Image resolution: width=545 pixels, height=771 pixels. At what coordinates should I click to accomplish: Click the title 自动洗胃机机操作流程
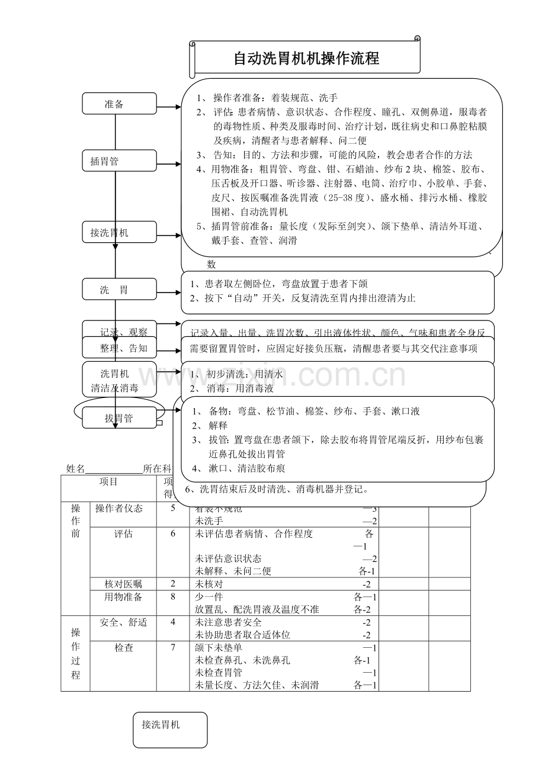pos(306,59)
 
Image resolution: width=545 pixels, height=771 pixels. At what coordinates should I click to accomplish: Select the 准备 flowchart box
pos(120,104)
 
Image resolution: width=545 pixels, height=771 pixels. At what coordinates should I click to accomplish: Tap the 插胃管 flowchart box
pos(120,160)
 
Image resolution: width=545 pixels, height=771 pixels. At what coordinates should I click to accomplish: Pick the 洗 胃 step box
pos(120,290)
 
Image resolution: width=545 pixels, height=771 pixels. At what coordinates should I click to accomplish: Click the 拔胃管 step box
pos(120,418)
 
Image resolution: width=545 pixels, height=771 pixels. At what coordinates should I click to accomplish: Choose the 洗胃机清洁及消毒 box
pos(120,381)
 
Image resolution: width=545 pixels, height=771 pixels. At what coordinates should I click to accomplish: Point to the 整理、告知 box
pos(120,348)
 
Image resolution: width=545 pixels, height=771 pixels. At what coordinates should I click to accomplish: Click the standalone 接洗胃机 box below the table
pos(170,730)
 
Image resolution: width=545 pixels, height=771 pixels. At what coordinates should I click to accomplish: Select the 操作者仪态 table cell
pos(123,509)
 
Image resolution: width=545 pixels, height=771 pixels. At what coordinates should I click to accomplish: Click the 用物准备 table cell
pos(123,597)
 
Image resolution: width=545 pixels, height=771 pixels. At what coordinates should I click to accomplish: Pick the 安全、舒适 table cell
pos(123,622)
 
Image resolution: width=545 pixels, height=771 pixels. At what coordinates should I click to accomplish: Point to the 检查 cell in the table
pos(123,648)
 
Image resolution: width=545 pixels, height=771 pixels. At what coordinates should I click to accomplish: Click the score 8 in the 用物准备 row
pos(173,597)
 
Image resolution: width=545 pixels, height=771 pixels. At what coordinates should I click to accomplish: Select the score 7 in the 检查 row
pos(173,648)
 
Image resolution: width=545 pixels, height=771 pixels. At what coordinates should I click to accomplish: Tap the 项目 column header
pos(109,482)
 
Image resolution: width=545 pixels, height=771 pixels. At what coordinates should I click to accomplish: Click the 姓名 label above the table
pos(76,468)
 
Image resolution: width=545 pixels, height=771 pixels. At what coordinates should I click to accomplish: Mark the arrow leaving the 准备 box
pos(169,107)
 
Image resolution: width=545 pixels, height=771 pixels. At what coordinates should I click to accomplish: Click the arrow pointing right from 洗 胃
pos(169,293)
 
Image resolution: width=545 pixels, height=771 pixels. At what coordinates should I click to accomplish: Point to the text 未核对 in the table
pos(209,584)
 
